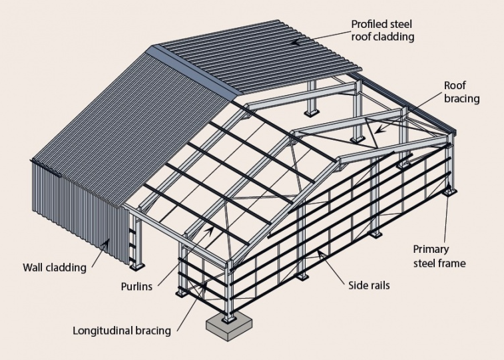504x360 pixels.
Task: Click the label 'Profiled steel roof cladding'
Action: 382,31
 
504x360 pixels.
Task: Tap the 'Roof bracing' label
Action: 461,92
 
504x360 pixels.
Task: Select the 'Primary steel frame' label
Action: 439,256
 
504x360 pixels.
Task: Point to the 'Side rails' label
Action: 369,285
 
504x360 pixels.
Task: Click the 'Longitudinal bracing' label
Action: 122,331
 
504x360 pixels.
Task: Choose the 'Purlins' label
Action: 136,286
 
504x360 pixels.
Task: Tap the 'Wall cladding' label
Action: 55,268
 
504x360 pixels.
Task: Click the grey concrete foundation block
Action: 229,327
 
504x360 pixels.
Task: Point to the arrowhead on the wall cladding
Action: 106,244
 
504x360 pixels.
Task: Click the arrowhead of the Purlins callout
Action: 209,230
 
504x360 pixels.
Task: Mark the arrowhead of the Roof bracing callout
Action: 379,129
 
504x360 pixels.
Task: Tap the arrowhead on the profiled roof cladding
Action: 297,42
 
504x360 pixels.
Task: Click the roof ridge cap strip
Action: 196,72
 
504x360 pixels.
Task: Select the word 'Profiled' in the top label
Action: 366,24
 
